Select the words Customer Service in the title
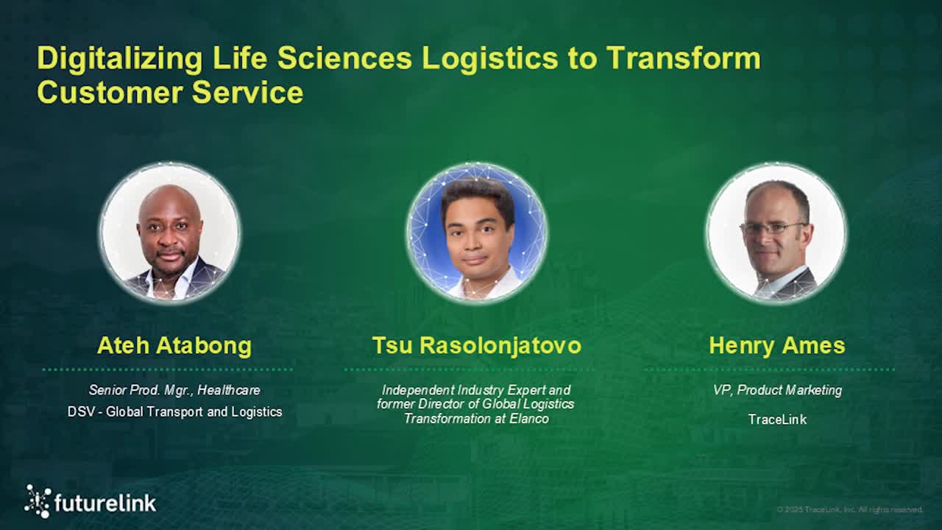(170, 93)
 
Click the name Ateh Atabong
(174, 345)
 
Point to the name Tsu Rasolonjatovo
(476, 345)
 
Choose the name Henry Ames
(777, 345)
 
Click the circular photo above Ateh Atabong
(170, 233)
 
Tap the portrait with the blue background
(476, 233)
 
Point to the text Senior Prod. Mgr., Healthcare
(174, 390)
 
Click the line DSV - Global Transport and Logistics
(174, 411)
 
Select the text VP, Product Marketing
(777, 390)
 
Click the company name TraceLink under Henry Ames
(777, 420)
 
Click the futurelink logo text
(105, 503)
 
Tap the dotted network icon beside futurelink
(38, 501)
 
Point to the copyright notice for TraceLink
(849, 509)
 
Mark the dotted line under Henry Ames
(770, 370)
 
